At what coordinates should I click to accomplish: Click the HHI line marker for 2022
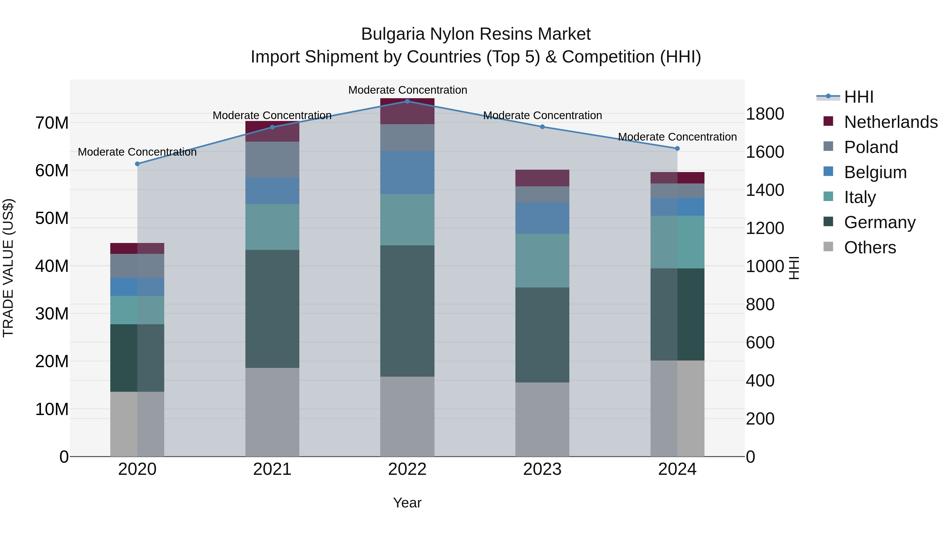click(407, 101)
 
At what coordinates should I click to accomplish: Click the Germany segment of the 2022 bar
click(407, 311)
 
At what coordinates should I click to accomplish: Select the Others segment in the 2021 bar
click(272, 412)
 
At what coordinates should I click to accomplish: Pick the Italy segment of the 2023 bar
click(542, 260)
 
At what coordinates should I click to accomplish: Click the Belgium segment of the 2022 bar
click(407, 172)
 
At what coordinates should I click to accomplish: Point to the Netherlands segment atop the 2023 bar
click(542, 178)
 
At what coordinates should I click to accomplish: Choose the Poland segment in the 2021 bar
click(272, 159)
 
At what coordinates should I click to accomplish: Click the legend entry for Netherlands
click(890, 122)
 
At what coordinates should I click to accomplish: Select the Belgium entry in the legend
click(875, 172)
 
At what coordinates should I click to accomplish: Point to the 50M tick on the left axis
click(52, 218)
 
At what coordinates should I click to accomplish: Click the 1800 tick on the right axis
click(765, 114)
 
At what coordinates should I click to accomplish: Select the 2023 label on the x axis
click(542, 469)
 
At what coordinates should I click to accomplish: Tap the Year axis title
click(407, 503)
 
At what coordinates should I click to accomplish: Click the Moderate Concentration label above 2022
click(407, 90)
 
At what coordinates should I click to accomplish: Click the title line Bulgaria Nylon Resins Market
click(476, 34)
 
